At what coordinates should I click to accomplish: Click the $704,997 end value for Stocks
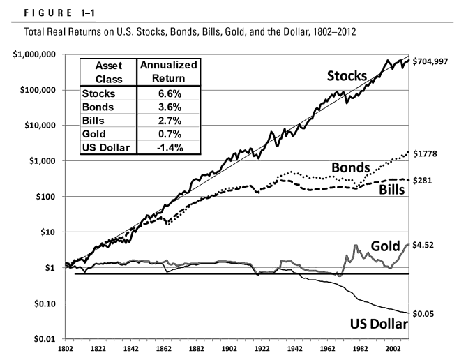[x=435, y=60]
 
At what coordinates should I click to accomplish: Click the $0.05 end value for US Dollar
[x=430, y=314]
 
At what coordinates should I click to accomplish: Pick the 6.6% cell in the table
[x=167, y=91]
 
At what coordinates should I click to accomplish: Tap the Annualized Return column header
[x=167, y=70]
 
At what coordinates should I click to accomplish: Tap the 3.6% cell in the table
[x=167, y=106]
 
